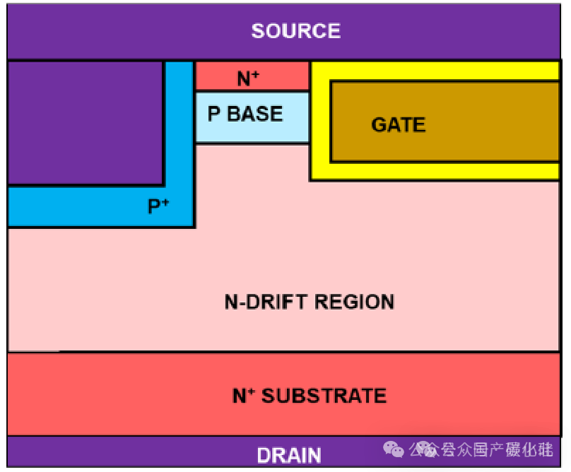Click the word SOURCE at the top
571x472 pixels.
point(295,31)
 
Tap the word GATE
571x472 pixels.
point(398,125)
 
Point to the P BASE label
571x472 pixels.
point(245,114)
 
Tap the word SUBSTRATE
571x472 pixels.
point(324,395)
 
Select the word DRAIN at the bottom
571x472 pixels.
point(288,455)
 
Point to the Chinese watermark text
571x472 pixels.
point(488,449)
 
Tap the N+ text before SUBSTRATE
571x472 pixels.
point(244,395)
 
